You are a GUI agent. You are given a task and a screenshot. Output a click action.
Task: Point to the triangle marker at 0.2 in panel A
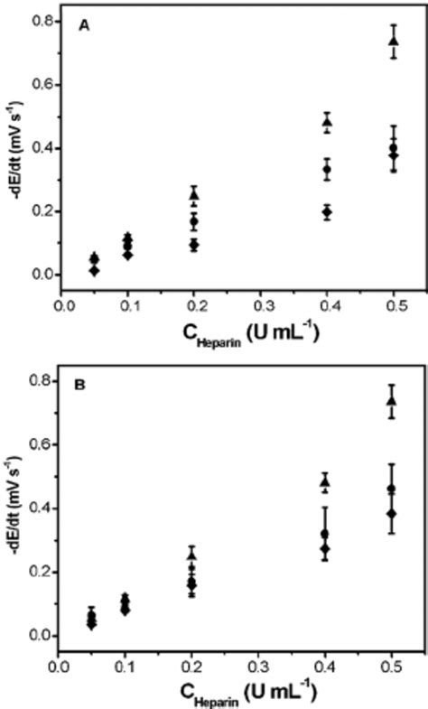tap(194, 194)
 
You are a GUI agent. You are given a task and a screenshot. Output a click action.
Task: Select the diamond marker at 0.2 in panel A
tap(194, 245)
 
